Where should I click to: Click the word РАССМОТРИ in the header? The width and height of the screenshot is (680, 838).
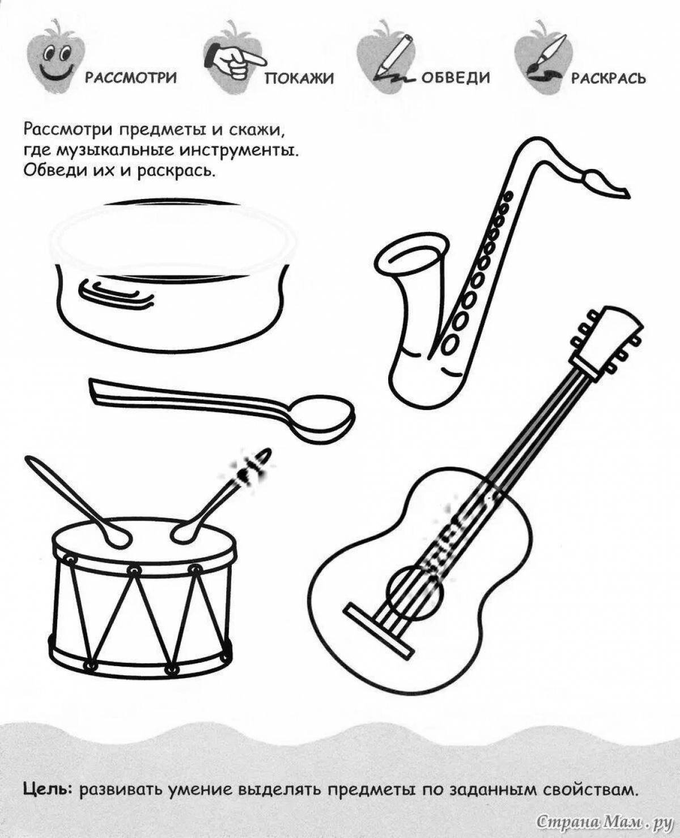131,78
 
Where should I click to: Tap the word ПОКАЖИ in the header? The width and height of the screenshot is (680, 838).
299,78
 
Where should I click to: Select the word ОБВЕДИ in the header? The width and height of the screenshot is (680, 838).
455,78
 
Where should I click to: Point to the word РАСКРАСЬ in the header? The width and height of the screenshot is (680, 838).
608,78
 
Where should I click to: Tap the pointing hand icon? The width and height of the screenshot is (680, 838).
237,60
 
